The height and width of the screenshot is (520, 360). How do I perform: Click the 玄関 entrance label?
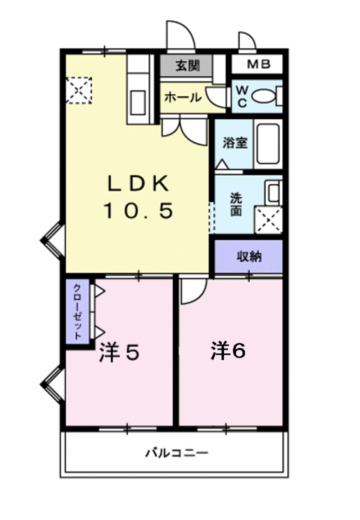point(188,65)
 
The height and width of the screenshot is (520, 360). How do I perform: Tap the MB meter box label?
point(259,64)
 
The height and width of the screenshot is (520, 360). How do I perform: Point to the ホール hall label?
point(183,97)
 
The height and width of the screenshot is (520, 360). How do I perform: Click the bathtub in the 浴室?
point(268,144)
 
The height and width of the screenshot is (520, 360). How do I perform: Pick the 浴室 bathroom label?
point(235,143)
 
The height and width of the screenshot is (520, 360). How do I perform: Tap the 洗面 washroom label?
point(236,205)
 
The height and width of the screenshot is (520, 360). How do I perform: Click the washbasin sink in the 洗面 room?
point(274,192)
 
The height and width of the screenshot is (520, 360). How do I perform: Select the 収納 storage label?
point(249,257)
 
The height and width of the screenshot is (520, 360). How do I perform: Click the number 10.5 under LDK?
point(138,211)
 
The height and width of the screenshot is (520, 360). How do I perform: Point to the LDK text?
point(138,185)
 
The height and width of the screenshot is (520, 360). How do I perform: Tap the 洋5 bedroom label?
point(119,352)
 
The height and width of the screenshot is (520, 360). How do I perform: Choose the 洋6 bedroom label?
point(228,351)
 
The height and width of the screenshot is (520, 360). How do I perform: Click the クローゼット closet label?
point(77,312)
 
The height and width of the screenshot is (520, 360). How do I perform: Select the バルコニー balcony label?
point(177,452)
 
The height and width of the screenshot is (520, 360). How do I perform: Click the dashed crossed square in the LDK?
point(79,91)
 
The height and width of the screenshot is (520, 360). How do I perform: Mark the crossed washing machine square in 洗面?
point(268,220)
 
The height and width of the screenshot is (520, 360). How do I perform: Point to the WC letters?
point(242,96)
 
